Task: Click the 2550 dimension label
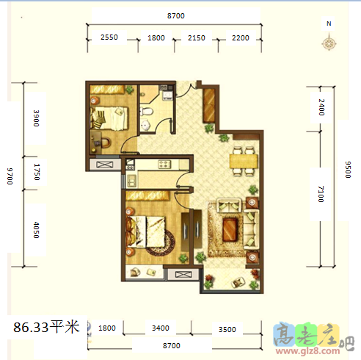click(109, 37)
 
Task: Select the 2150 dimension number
click(196, 37)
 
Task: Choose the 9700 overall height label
click(10, 177)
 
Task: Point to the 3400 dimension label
click(160, 328)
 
